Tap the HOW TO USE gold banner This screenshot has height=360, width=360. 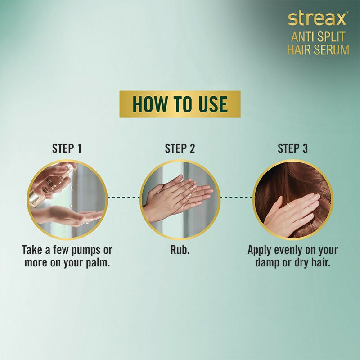click(180, 104)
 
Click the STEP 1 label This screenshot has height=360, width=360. click(67, 148)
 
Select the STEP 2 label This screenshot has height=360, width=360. click(180, 148)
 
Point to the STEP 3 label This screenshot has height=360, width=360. click(293, 148)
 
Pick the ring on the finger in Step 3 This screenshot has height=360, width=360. click(288, 205)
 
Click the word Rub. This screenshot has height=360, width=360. click(180, 250)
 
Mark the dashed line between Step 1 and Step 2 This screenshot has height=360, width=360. click(124, 197)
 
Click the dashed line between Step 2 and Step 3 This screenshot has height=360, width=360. click(237, 197)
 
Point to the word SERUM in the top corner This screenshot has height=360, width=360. click(331, 50)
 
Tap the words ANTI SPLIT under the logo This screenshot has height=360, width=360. click(318, 37)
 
